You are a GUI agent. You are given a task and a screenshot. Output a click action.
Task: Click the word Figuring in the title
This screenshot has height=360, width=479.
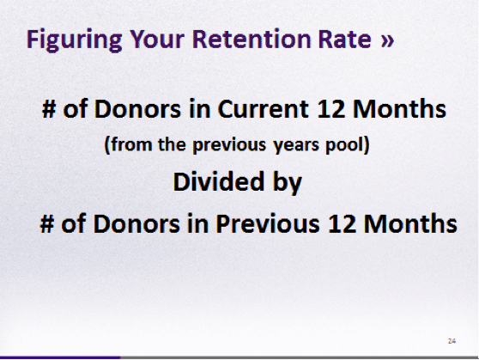point(75,40)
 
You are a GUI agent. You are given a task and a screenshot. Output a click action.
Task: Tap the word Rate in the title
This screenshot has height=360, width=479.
point(344,40)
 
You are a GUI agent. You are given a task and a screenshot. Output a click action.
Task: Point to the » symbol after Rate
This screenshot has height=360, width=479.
point(387,41)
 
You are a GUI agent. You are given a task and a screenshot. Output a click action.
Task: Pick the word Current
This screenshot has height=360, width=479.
point(263,109)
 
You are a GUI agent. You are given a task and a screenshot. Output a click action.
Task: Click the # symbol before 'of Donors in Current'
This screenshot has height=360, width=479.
point(49,109)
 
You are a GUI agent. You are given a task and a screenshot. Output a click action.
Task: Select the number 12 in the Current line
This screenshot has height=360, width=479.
point(330,109)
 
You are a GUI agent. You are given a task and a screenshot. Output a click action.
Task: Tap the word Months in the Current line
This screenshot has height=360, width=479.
point(399,108)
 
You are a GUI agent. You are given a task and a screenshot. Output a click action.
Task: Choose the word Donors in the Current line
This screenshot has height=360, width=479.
point(137,109)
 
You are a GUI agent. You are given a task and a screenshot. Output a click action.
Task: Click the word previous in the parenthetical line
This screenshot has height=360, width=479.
point(229,144)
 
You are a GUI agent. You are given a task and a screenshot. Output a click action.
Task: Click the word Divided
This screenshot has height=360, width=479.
point(218,181)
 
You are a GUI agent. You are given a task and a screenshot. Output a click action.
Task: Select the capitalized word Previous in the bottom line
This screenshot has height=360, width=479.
point(268,223)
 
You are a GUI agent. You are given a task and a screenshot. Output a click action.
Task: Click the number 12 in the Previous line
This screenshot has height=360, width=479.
point(342,223)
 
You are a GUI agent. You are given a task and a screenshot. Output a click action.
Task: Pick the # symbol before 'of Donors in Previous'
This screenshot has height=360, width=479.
point(47,223)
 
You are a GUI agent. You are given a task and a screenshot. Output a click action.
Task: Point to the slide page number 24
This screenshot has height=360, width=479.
point(452,341)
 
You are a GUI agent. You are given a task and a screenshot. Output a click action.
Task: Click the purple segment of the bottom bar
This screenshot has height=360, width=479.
point(60,357)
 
